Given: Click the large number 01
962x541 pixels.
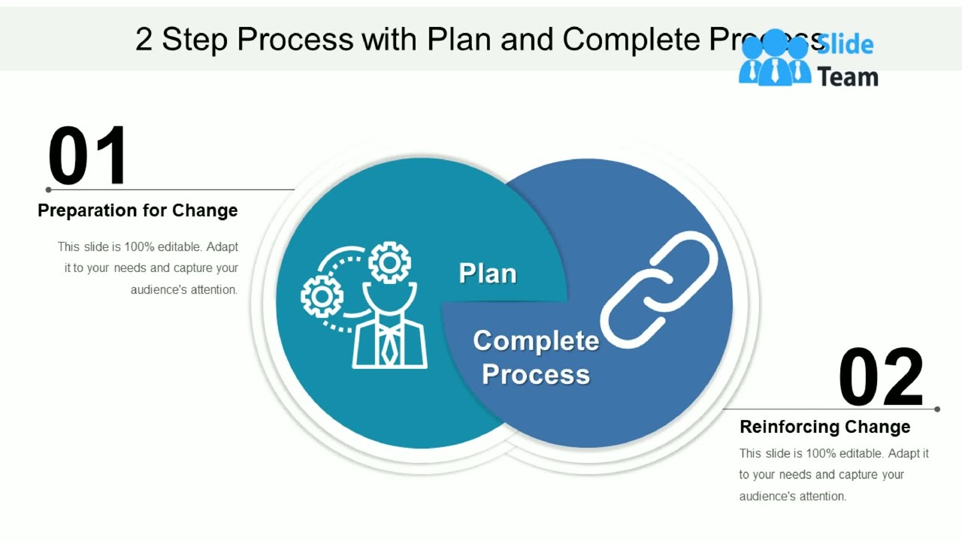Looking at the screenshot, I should tap(88, 156).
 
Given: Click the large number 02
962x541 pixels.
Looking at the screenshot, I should tap(881, 377).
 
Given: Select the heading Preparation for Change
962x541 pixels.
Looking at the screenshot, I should tap(138, 210).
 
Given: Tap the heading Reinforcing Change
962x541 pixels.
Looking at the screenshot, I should tap(824, 427).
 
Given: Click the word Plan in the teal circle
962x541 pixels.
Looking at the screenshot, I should tap(488, 274).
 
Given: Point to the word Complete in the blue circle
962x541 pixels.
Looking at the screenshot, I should tap(536, 341).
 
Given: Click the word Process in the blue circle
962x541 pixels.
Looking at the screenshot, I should tap(536, 374).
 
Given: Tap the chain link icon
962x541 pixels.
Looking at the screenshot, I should tap(659, 290).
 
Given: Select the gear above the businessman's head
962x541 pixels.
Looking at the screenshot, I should tap(389, 262).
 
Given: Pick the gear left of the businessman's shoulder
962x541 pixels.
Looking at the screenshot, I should tap(322, 296).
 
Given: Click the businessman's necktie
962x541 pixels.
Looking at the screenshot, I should tap(389, 346).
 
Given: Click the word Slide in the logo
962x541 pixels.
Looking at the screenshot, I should tap(845, 44).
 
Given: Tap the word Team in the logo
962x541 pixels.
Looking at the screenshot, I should tap(848, 77).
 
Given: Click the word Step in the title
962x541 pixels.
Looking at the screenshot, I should tap(195, 40).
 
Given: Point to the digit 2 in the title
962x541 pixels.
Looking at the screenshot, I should tap(144, 40).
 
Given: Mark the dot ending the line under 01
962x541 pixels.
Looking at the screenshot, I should tap(49, 190).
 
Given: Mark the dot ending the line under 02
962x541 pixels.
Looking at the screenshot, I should tap(937, 410).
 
